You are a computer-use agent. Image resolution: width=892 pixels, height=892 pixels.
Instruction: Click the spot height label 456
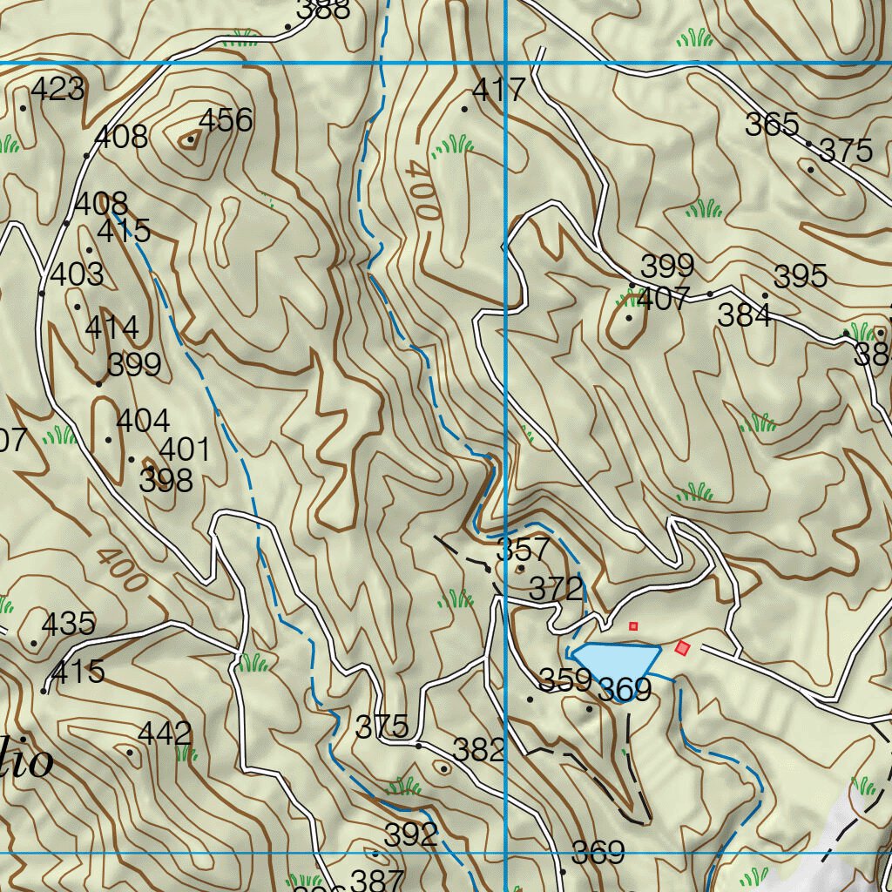[x=226, y=120]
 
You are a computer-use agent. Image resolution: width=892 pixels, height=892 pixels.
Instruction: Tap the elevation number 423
[x=57, y=89]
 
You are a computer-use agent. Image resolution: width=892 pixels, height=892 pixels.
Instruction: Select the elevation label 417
[x=498, y=90]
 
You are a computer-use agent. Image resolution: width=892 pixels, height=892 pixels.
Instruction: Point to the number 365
[x=772, y=125]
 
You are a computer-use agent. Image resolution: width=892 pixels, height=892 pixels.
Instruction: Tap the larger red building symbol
[x=683, y=647]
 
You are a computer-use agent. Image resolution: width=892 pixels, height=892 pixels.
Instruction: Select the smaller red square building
[x=633, y=625]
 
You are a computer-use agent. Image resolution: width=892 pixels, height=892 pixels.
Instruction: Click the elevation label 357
[x=523, y=551]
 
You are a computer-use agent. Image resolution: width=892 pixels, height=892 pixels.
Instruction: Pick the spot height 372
[x=556, y=589]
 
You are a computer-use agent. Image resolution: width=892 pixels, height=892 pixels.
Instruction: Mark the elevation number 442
[x=165, y=733]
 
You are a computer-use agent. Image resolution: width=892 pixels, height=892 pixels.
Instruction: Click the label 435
[x=68, y=624]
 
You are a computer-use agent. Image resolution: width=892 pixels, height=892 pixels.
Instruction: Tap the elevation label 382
[x=479, y=750]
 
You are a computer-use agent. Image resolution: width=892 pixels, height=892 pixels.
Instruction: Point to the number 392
[x=411, y=835]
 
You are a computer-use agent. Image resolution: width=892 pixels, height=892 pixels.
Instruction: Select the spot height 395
[x=800, y=276]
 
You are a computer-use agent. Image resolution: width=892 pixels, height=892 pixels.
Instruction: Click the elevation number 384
[x=744, y=315]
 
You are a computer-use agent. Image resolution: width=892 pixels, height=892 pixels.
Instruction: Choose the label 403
[x=77, y=274]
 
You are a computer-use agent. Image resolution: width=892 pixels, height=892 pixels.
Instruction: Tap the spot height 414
[x=112, y=328]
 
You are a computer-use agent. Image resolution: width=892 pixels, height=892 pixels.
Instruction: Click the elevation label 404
[x=143, y=422]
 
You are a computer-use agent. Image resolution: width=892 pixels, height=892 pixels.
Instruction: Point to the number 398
[x=166, y=480]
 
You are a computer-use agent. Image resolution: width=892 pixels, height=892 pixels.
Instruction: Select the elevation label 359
[x=565, y=680]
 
